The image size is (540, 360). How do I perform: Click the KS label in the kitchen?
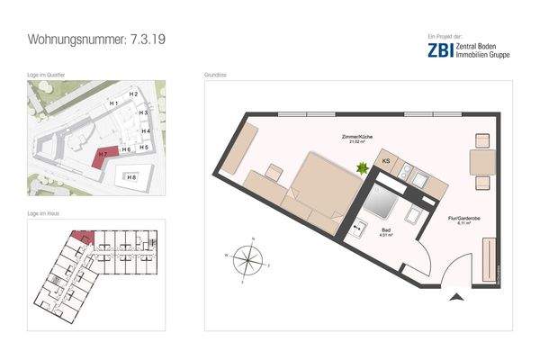(x=385, y=161)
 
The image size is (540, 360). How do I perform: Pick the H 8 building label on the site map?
(x=131, y=177)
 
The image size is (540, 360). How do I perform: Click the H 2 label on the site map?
(x=132, y=94)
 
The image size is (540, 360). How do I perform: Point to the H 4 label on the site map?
(x=144, y=131)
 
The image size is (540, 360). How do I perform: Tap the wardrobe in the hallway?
(x=490, y=259)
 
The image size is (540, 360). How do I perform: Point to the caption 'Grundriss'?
(x=216, y=76)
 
